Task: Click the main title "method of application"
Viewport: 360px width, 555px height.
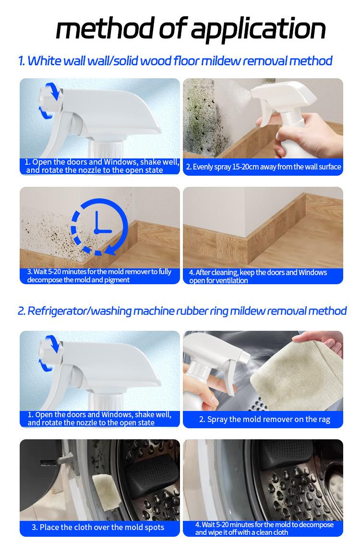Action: click(191, 29)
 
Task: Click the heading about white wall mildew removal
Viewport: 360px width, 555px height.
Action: click(175, 61)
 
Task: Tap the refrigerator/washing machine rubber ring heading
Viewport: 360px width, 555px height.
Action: click(182, 311)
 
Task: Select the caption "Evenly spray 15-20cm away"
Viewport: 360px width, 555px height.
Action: click(264, 167)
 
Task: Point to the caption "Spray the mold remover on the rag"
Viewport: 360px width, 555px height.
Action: click(264, 420)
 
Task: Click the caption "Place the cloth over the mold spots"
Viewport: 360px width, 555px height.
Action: click(98, 527)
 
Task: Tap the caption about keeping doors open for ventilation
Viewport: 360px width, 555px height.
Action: click(258, 277)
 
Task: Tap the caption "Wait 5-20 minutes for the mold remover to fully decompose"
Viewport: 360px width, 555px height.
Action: click(99, 276)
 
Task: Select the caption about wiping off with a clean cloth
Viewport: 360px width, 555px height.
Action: click(264, 529)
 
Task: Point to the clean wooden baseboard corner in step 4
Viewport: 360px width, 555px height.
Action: click(248, 244)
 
